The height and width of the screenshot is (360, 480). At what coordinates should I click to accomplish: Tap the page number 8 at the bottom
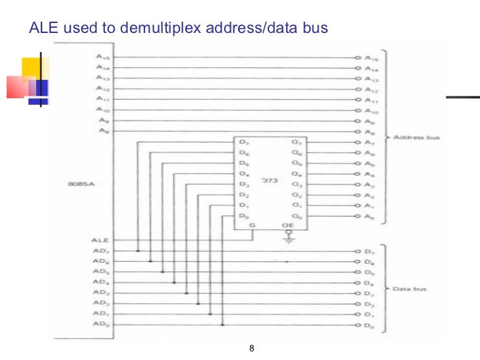click(251, 348)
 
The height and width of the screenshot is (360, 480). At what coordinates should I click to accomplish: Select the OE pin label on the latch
click(288, 225)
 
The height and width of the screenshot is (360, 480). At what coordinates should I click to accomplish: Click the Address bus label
click(416, 138)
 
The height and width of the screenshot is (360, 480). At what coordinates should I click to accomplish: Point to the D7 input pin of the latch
click(243, 142)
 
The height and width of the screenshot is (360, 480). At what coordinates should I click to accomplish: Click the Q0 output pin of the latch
click(297, 216)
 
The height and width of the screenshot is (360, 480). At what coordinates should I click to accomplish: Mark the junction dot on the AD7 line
click(138, 251)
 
